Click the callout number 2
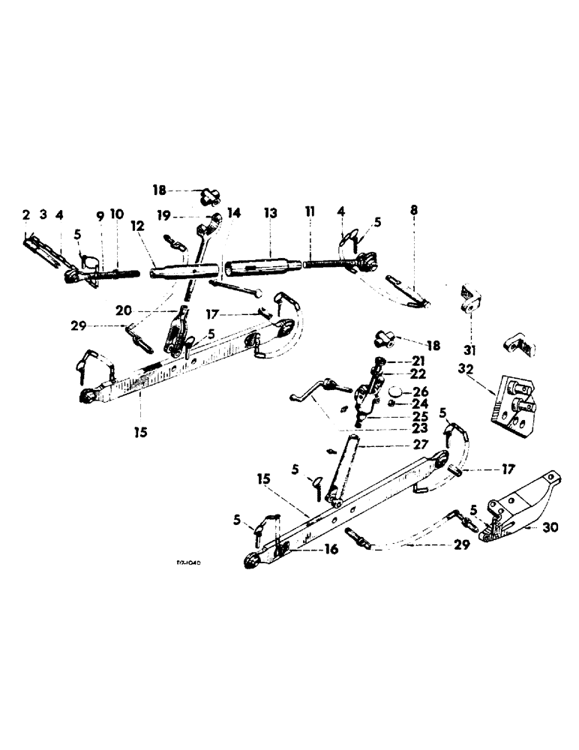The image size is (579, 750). point(25,216)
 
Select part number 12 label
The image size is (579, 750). point(160,226)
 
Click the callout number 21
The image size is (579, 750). point(418,362)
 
